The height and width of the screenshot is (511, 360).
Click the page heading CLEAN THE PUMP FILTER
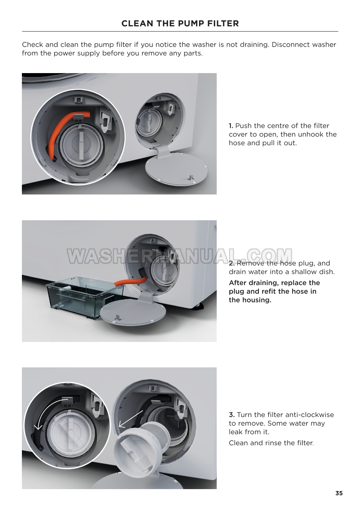pyautogui.click(x=180, y=24)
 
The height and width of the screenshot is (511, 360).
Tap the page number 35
pyautogui.click(x=339, y=493)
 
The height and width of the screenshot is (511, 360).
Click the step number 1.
pyautogui.click(x=231, y=126)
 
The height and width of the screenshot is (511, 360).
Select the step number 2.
pyautogui.click(x=232, y=263)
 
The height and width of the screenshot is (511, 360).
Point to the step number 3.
pyautogui.click(x=232, y=415)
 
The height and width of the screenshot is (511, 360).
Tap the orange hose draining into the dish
pyautogui.click(x=130, y=282)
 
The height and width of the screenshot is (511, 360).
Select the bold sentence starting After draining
pyautogui.click(x=274, y=291)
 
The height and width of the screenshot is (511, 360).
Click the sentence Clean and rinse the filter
pyautogui.click(x=271, y=443)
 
